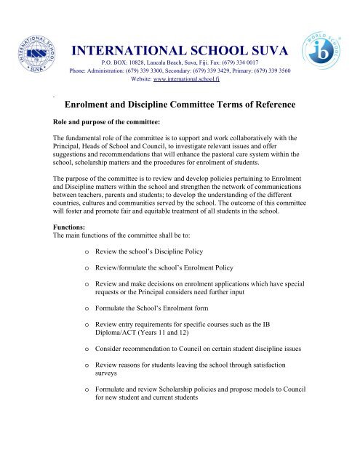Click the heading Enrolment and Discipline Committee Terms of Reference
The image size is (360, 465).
[180, 105]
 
